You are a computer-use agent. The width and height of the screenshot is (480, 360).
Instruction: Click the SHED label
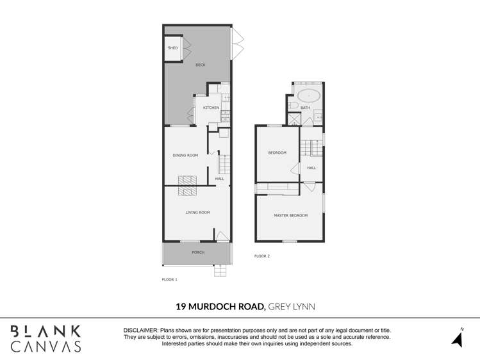tap(172, 48)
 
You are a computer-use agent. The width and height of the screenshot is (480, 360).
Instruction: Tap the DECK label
tap(201, 65)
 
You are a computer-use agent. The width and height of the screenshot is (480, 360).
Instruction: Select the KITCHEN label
tap(211, 108)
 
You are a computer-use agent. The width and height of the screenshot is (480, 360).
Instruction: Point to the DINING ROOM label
tap(185, 155)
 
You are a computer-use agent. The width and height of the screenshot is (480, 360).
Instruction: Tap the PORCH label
tap(198, 252)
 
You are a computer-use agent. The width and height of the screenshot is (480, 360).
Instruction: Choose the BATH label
tap(305, 108)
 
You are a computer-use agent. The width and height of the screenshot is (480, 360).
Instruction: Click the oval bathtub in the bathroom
tap(309, 96)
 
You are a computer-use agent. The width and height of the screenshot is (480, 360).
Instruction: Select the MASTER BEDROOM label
tap(290, 215)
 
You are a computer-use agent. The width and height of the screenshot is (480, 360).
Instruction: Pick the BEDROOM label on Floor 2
tap(277, 152)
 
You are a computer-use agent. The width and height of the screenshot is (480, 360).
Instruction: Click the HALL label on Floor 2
tap(311, 168)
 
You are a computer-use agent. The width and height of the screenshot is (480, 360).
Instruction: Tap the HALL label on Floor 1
tap(220, 179)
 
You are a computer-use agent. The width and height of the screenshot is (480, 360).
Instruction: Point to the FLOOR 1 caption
tap(170, 279)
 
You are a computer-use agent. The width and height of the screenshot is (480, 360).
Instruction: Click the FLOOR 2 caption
tap(262, 256)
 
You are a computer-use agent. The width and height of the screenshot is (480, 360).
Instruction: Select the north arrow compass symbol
tap(458, 338)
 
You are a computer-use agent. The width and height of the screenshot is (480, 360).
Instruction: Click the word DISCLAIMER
tap(140, 329)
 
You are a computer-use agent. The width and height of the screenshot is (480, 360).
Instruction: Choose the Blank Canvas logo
tap(46, 338)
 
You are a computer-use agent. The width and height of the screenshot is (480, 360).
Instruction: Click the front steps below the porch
tap(220, 270)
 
